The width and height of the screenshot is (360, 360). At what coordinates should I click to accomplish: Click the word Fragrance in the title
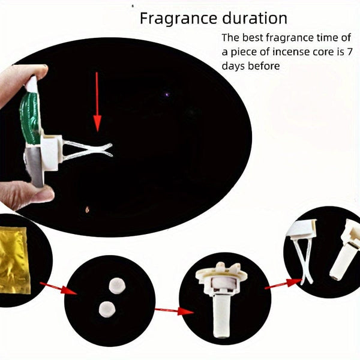[173, 18]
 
